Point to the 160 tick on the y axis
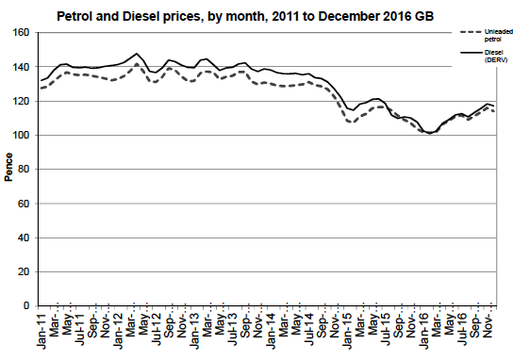click(22, 33)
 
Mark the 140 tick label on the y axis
click(22, 67)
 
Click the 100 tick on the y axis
click(22, 136)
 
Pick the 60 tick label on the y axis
click(25, 204)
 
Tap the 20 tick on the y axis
click(25, 272)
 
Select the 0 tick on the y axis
click(27, 306)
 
